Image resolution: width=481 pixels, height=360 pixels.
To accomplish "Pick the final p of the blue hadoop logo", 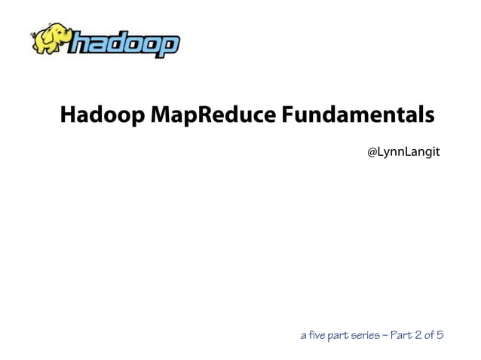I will pyautogui.click(x=170, y=47).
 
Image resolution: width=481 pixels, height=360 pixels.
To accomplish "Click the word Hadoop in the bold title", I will pyautogui.click(x=103, y=116).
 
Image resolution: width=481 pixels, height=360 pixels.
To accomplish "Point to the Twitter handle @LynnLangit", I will pyautogui.click(x=403, y=153).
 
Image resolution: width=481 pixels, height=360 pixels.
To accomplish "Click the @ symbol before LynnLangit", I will pyautogui.click(x=372, y=153).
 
